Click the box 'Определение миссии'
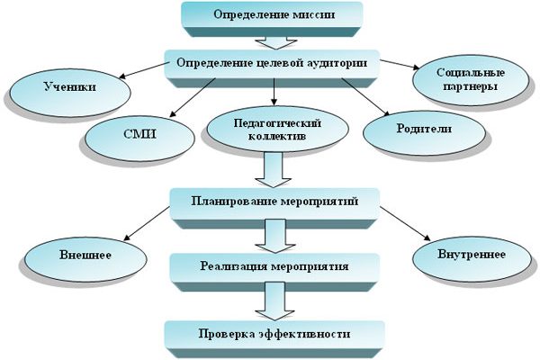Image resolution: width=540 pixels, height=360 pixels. point(271,14)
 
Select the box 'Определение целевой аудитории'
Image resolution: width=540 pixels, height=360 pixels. point(269,64)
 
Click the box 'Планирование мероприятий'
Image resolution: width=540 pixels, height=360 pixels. point(271,200)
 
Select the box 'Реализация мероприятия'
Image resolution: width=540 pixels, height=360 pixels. point(269,266)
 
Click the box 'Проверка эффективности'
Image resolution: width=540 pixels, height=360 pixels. point(271,334)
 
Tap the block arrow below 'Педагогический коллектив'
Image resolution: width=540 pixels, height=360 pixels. point(269,168)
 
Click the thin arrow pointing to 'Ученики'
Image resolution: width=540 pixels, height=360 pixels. point(145,70)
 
